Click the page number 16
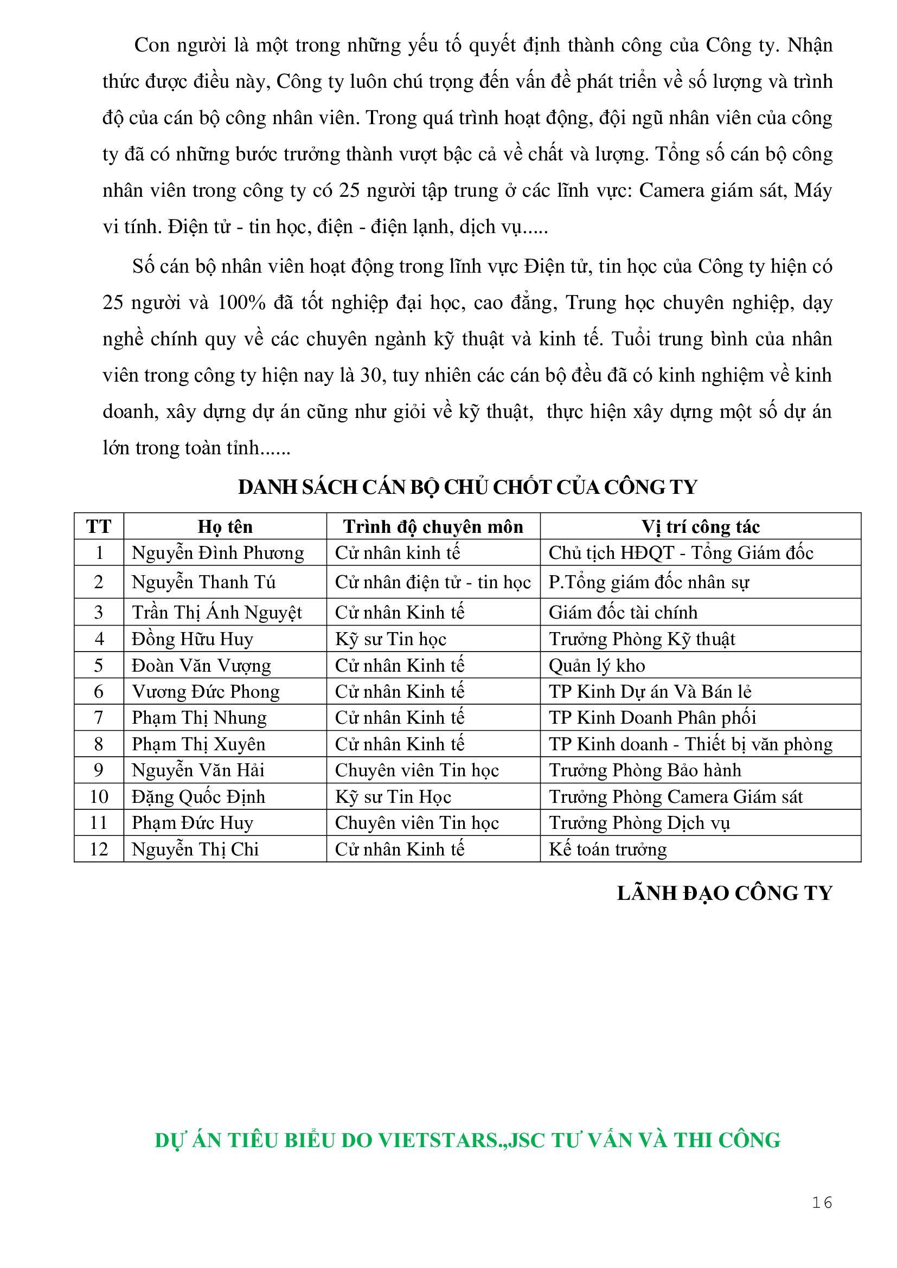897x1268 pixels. [x=822, y=1202]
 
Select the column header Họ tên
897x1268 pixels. [x=225, y=526]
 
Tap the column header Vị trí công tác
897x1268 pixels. [x=700, y=526]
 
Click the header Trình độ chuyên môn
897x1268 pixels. [x=433, y=526]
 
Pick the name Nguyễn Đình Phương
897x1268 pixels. [x=217, y=553]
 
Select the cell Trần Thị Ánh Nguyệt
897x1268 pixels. [x=216, y=612]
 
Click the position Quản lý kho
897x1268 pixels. [x=597, y=666]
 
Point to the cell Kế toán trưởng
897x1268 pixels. [x=607, y=849]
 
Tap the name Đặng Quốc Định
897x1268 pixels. [x=198, y=796]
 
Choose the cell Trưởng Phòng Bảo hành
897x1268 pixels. [x=645, y=770]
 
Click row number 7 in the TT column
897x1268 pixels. [x=99, y=717]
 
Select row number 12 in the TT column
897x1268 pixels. [x=99, y=849]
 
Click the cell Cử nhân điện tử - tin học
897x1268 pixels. [x=432, y=582]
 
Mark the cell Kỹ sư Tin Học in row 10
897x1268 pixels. [x=393, y=796]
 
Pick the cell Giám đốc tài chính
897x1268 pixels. [x=623, y=612]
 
